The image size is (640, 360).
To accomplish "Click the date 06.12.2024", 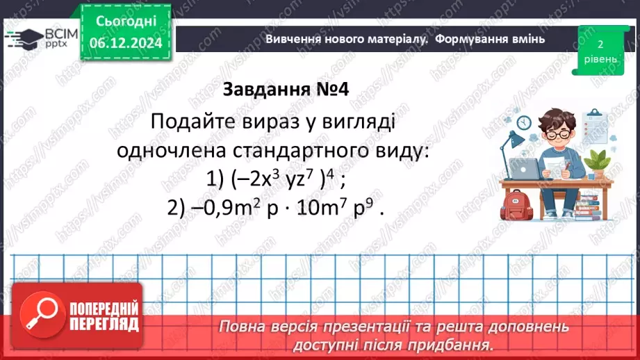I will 125,43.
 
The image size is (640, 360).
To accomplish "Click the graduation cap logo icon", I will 23,38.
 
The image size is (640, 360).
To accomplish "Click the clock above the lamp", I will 524,122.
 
